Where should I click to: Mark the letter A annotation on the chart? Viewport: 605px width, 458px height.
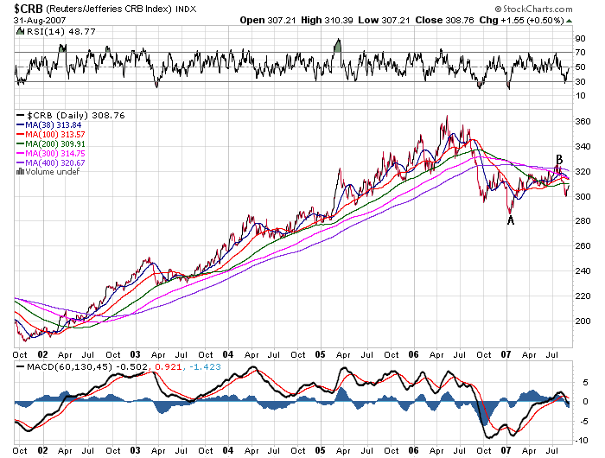[x=511, y=220]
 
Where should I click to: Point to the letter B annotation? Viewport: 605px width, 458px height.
[x=559, y=160]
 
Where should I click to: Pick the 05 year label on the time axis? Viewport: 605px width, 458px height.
[x=319, y=353]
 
